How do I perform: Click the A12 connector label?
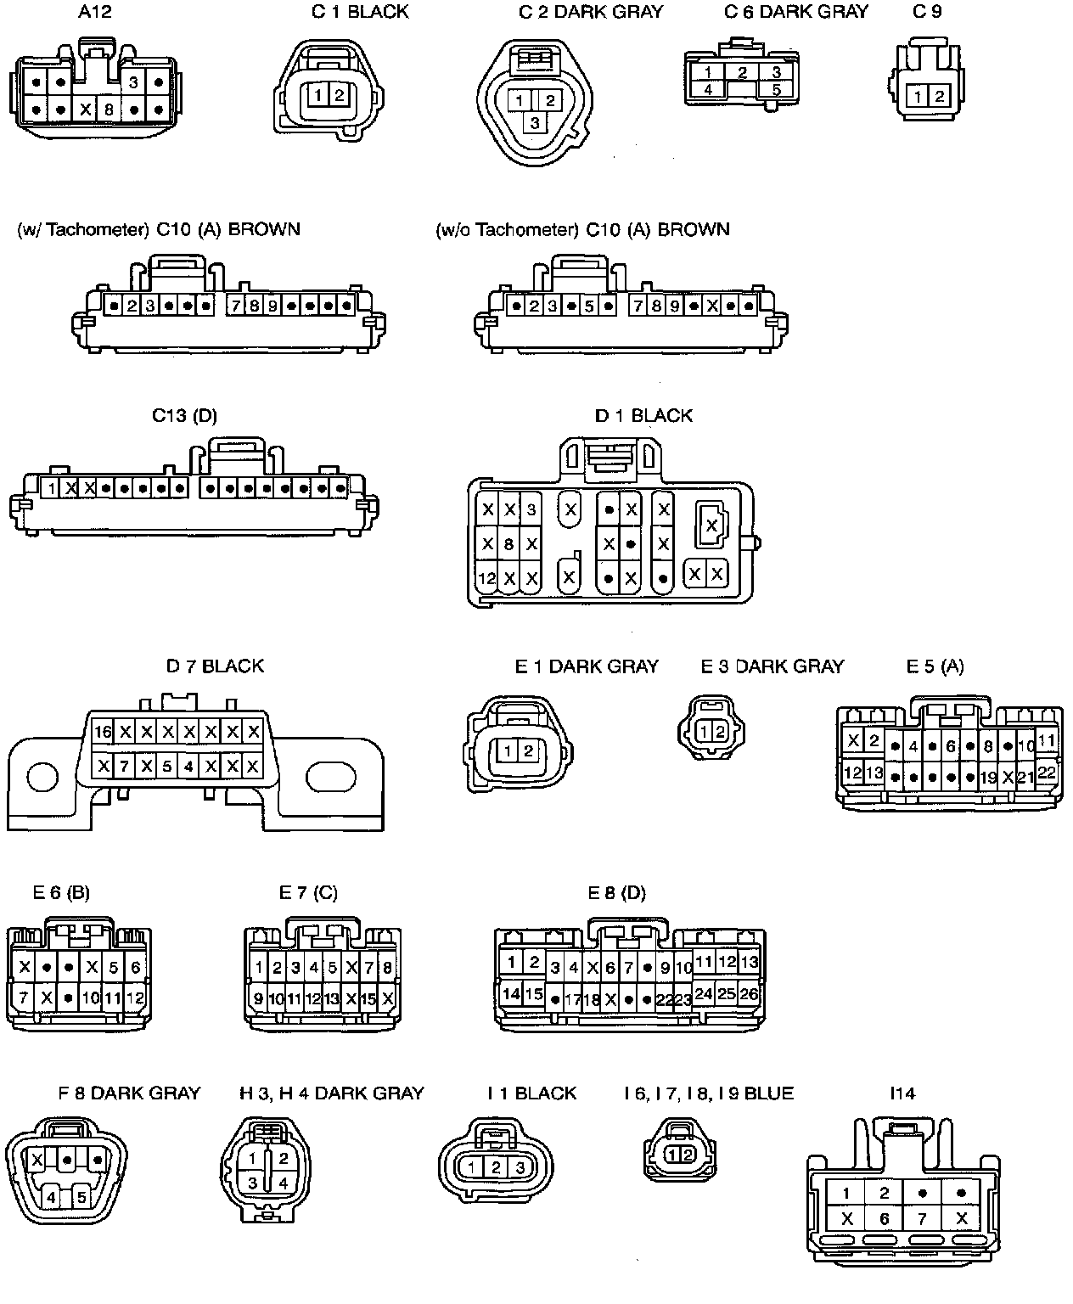[94, 12]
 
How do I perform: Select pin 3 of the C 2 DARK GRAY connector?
[535, 123]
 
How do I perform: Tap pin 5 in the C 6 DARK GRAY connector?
[776, 89]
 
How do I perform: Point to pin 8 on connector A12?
[109, 110]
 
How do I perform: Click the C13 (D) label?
[184, 416]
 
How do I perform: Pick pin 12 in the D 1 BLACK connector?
[486, 579]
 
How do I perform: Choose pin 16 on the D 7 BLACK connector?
[103, 732]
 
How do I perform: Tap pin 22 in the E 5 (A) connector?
[1047, 773]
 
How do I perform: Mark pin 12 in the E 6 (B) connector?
[135, 998]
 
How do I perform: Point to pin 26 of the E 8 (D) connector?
[749, 993]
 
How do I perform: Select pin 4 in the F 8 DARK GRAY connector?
[52, 1198]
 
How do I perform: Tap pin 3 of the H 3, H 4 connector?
[252, 1183]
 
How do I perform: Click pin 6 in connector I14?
[884, 1219]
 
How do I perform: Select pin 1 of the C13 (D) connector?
[52, 488]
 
